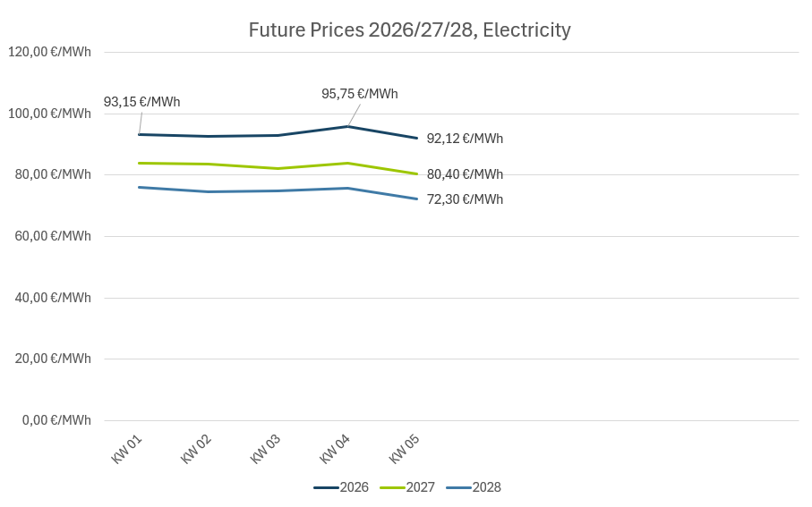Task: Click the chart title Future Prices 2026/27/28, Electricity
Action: coord(409,30)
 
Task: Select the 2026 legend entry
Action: coord(341,487)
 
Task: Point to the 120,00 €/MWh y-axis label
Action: coord(49,52)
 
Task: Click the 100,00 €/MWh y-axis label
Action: coord(49,114)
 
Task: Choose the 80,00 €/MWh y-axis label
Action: coord(53,174)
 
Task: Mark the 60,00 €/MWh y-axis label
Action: coord(53,236)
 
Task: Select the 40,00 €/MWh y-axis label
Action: coord(53,298)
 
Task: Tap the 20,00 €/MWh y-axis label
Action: coord(53,359)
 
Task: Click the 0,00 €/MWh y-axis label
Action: coord(56,420)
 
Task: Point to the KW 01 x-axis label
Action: coord(127,449)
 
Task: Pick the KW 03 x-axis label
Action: coord(266,449)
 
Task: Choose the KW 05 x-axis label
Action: coord(405,449)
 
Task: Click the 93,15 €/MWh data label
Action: coord(141,102)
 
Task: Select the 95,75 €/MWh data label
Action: coord(360,94)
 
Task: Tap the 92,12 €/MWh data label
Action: coord(465,139)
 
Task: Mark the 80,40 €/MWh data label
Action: coord(465,174)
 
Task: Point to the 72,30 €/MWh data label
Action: coord(465,199)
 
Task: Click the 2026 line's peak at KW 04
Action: coord(348,126)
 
